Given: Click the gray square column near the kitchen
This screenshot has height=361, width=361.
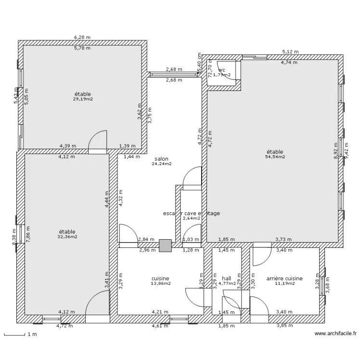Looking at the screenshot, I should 165,245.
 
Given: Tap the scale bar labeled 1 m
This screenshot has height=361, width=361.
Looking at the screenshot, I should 14,335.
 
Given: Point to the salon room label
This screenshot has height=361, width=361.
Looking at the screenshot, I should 161,158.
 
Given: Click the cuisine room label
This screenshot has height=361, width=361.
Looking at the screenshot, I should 160,278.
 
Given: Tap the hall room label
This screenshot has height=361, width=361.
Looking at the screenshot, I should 226,278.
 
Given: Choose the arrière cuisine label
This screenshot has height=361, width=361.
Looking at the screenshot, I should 284,278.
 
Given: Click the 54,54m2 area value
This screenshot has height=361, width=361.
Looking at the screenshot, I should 275,156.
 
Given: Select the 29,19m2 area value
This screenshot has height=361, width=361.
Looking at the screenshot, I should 83,99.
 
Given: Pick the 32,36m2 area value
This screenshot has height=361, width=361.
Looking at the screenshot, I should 67,237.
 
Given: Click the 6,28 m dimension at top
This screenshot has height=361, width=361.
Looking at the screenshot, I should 82,37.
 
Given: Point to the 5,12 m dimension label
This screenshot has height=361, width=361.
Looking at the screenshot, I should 290,52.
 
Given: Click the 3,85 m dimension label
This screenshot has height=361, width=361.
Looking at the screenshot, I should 284,326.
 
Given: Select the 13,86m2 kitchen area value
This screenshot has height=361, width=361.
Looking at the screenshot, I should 160,284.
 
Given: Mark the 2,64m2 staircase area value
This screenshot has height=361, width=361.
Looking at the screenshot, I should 191,218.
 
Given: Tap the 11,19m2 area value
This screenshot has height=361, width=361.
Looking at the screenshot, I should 284,284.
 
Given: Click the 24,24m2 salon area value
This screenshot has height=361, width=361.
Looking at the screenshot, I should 161,164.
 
